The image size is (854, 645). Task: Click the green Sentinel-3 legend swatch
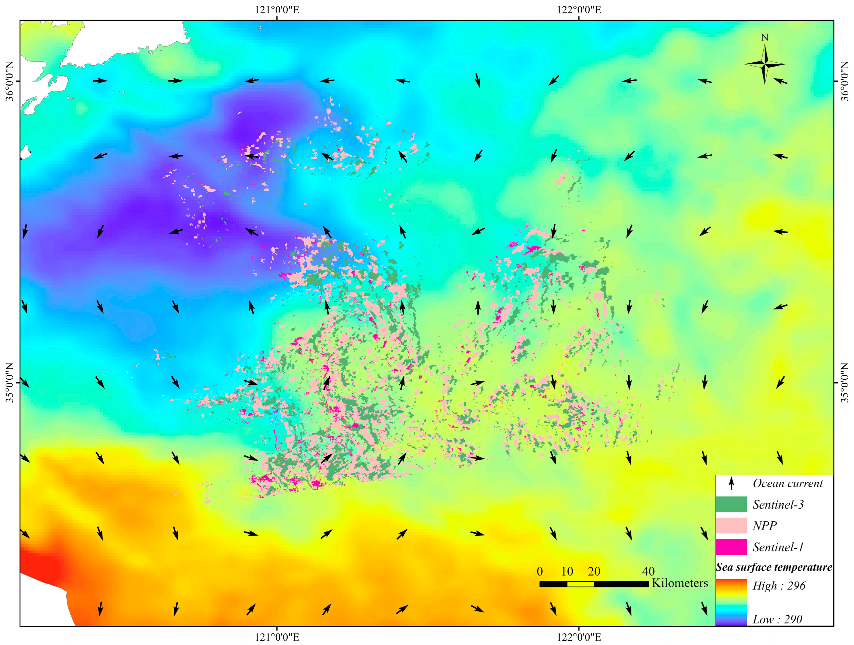731,504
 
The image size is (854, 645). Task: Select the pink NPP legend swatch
731,525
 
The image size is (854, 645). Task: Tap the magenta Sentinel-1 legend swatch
731,547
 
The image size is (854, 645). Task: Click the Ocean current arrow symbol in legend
731,483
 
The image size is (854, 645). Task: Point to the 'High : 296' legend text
779,586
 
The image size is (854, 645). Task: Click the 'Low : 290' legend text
777,620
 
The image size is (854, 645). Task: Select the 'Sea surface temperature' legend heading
774,567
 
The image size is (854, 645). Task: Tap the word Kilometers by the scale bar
680,583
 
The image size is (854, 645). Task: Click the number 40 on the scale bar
648,571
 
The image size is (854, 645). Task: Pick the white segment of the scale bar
580,584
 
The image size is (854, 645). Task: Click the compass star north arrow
764,64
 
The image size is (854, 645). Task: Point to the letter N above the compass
764,37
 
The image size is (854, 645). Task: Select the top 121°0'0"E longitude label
277,10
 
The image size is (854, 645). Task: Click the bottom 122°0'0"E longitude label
579,637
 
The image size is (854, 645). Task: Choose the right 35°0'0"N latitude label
845,383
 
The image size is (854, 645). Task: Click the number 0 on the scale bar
540,571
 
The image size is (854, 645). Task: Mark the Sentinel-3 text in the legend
778,505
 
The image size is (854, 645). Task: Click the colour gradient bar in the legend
731,602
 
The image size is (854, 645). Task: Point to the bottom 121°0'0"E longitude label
277,637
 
